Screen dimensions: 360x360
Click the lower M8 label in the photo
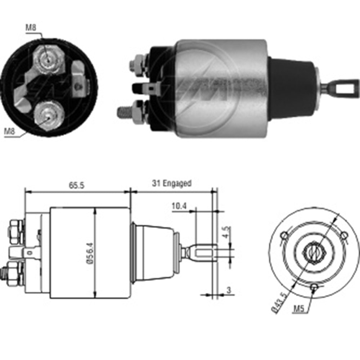[10, 132]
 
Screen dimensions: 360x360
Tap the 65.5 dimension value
[77, 186]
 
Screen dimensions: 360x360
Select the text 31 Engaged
[172, 183]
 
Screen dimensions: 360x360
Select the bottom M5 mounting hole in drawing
[314, 287]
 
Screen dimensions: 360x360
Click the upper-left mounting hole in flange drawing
[284, 235]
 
